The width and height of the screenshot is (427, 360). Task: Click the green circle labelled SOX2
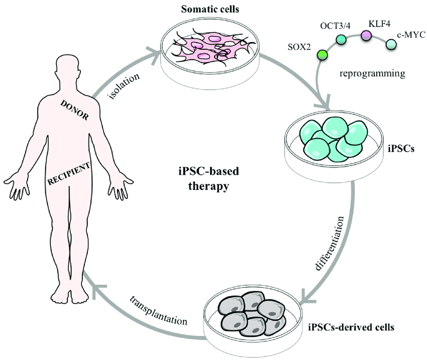(x=323, y=54)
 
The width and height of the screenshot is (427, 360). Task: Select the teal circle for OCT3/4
(x=342, y=39)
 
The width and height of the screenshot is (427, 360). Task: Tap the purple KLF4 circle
(x=367, y=35)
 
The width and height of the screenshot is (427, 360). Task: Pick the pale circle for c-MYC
(x=391, y=45)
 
